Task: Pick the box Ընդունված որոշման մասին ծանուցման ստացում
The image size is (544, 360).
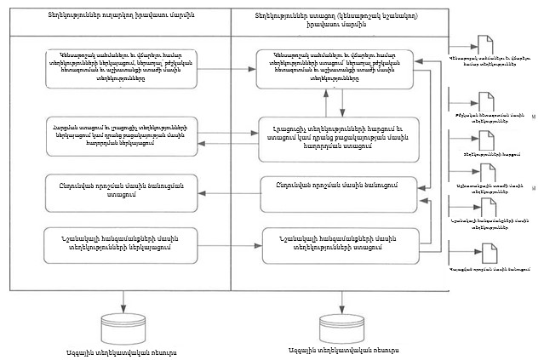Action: (123, 189)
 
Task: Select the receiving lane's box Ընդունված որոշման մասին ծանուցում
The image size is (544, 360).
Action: (339, 184)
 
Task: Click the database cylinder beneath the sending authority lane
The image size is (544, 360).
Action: (123, 328)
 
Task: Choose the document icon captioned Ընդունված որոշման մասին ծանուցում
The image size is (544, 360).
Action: (482, 253)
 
